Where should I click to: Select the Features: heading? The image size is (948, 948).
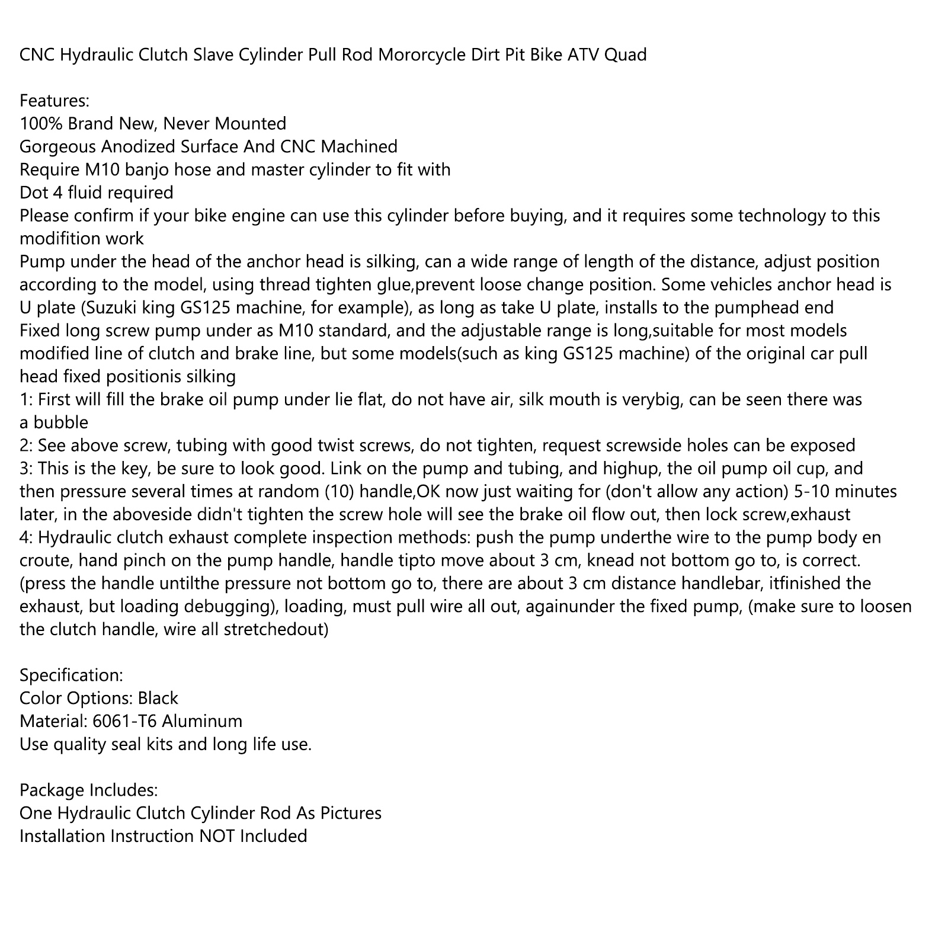click(55, 101)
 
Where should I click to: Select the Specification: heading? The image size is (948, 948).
click(72, 675)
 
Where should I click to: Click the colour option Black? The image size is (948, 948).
click(158, 698)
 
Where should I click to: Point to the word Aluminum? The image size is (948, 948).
click(202, 721)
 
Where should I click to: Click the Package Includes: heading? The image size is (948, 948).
click(89, 790)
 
